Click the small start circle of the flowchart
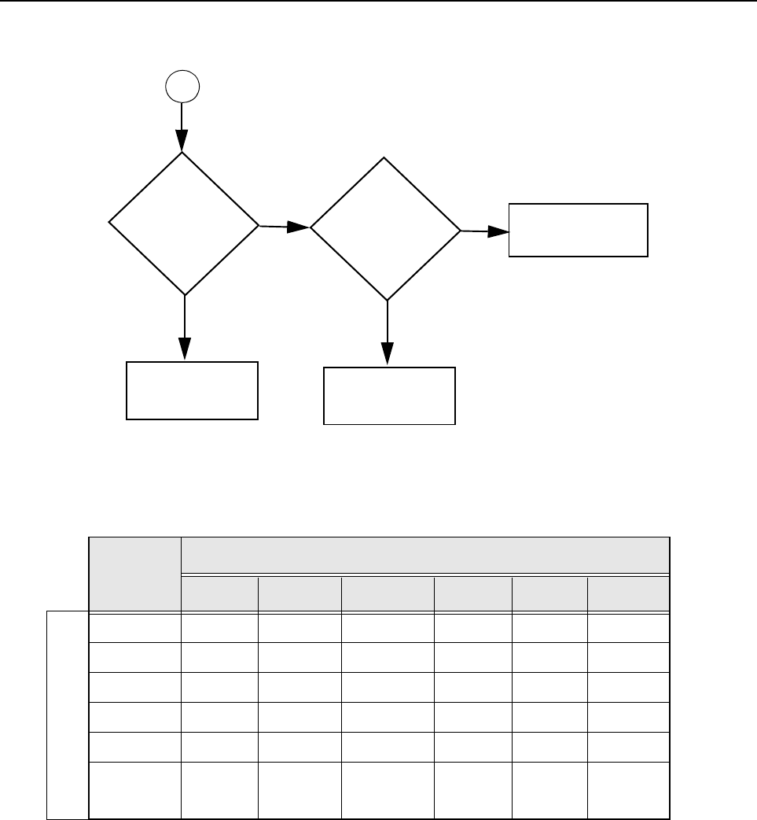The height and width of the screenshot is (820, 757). pyautogui.click(x=182, y=86)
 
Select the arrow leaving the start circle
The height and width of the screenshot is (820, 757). pyautogui.click(x=182, y=126)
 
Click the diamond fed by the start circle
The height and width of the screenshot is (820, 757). pyautogui.click(x=183, y=224)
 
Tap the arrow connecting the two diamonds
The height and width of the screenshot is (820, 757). pyautogui.click(x=284, y=227)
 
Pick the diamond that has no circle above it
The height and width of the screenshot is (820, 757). pyautogui.click(x=385, y=229)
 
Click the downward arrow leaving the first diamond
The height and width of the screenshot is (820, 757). pyautogui.click(x=185, y=327)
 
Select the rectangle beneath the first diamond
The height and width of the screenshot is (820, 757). pyautogui.click(x=193, y=390)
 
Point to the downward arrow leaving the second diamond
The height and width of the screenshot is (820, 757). pyautogui.click(x=388, y=333)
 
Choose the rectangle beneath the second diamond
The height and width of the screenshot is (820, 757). pyautogui.click(x=390, y=396)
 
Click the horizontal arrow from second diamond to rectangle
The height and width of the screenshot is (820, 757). pyautogui.click(x=484, y=231)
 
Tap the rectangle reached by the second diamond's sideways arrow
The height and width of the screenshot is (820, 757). pyautogui.click(x=579, y=230)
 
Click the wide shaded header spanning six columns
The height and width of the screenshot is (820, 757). pyautogui.click(x=425, y=555)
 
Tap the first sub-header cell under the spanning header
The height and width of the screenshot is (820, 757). pyautogui.click(x=220, y=593)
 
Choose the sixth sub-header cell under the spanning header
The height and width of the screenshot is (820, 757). pyautogui.click(x=627, y=593)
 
